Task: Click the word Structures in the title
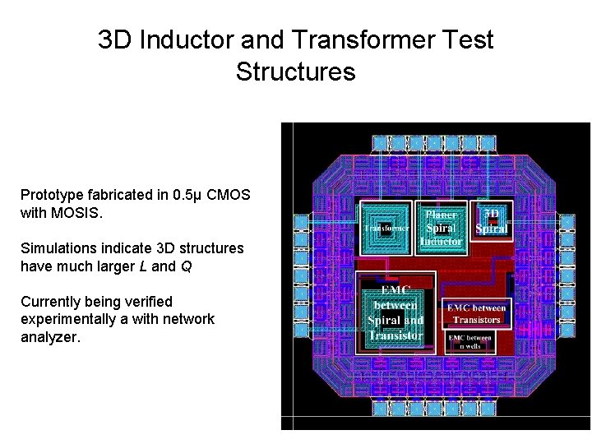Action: pos(295,72)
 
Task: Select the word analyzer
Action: pos(50,336)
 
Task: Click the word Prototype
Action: pos(54,195)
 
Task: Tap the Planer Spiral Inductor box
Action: pos(441,227)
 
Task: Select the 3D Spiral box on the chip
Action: pos(493,220)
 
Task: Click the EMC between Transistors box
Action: pos(476,313)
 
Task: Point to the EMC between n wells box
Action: pos(469,341)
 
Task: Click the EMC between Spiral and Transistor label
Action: pos(395,312)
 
